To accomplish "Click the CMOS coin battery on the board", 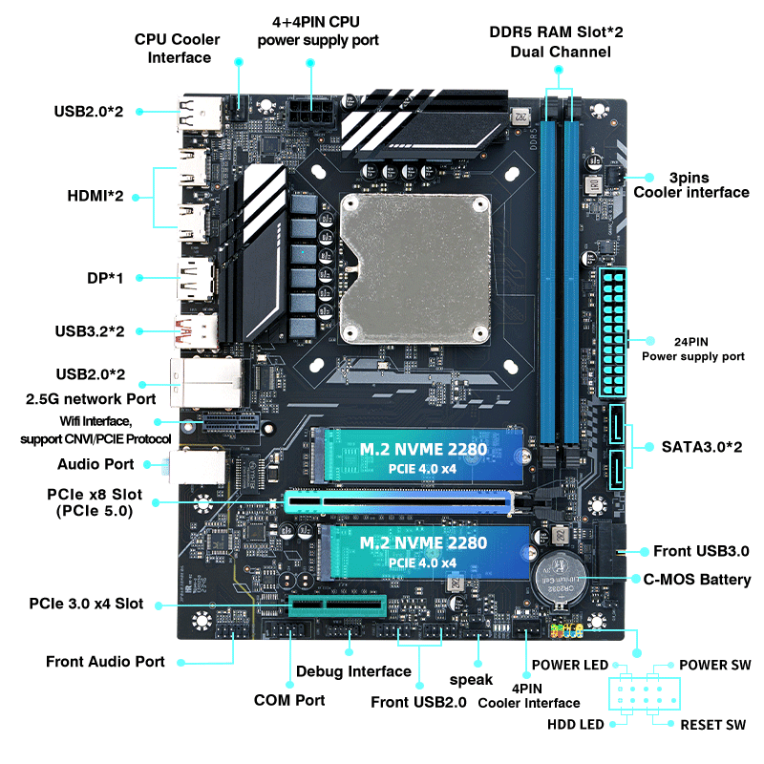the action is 560,579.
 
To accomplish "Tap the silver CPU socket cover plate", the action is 415,269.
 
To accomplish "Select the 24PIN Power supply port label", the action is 693,349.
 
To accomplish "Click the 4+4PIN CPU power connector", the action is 311,113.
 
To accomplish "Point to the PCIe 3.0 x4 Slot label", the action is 86,604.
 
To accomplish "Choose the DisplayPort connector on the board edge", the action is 196,279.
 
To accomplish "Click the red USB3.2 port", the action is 196,332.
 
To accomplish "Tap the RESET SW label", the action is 712,725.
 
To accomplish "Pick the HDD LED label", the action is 576,725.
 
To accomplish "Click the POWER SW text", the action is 714,665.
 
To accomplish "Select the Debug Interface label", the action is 353,671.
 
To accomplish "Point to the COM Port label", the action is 289,700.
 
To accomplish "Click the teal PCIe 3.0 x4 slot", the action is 337,605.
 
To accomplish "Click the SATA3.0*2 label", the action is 702,447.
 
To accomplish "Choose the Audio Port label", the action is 95,464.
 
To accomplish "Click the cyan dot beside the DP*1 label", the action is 139,278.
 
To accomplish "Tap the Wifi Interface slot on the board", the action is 230,422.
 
